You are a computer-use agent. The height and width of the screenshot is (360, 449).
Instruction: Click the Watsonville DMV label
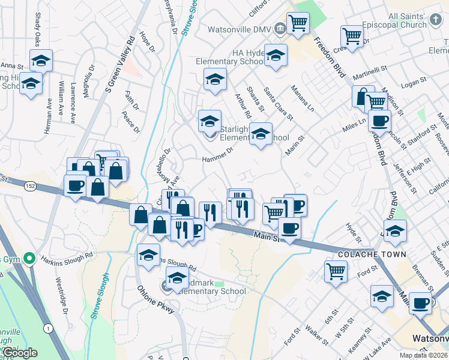240,29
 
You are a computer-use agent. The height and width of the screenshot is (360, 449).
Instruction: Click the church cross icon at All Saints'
438,22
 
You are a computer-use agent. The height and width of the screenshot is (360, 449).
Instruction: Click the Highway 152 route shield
29,187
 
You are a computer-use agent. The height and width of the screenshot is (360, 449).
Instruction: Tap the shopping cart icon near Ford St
336,271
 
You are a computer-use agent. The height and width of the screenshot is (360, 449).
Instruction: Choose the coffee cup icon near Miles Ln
379,121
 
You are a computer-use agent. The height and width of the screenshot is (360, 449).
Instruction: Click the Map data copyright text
423,355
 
